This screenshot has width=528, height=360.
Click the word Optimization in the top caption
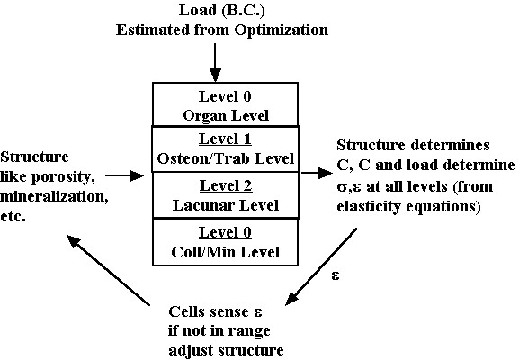point(282,31)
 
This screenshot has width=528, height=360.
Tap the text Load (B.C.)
point(222,11)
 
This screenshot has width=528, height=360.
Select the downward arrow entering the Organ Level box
point(215,63)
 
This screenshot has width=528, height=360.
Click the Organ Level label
point(226,115)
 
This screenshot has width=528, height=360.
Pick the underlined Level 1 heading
point(225,139)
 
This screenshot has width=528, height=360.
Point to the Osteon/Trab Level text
point(226,158)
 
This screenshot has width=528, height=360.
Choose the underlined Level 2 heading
point(226,185)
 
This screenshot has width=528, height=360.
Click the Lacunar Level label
point(226,205)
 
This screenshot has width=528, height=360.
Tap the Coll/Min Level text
point(225,252)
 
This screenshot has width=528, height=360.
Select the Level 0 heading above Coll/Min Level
point(225,232)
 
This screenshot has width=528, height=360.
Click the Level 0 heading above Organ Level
point(225,96)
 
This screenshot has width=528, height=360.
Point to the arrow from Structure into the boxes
point(125,175)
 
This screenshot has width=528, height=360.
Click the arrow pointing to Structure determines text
point(317,173)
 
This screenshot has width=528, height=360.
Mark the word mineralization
point(54,196)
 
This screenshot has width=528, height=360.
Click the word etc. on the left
point(13,216)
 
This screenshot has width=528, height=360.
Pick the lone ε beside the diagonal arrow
point(336,275)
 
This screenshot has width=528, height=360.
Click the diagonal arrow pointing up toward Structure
point(108,270)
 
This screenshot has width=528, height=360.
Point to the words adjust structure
point(226,351)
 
